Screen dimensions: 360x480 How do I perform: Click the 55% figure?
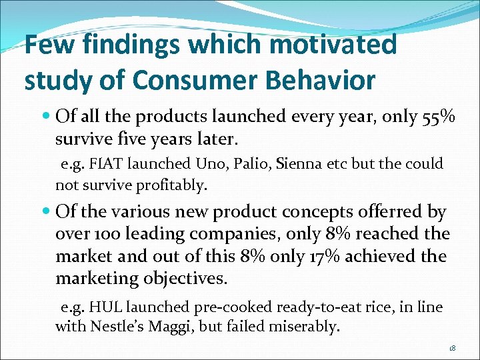tap(439, 117)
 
